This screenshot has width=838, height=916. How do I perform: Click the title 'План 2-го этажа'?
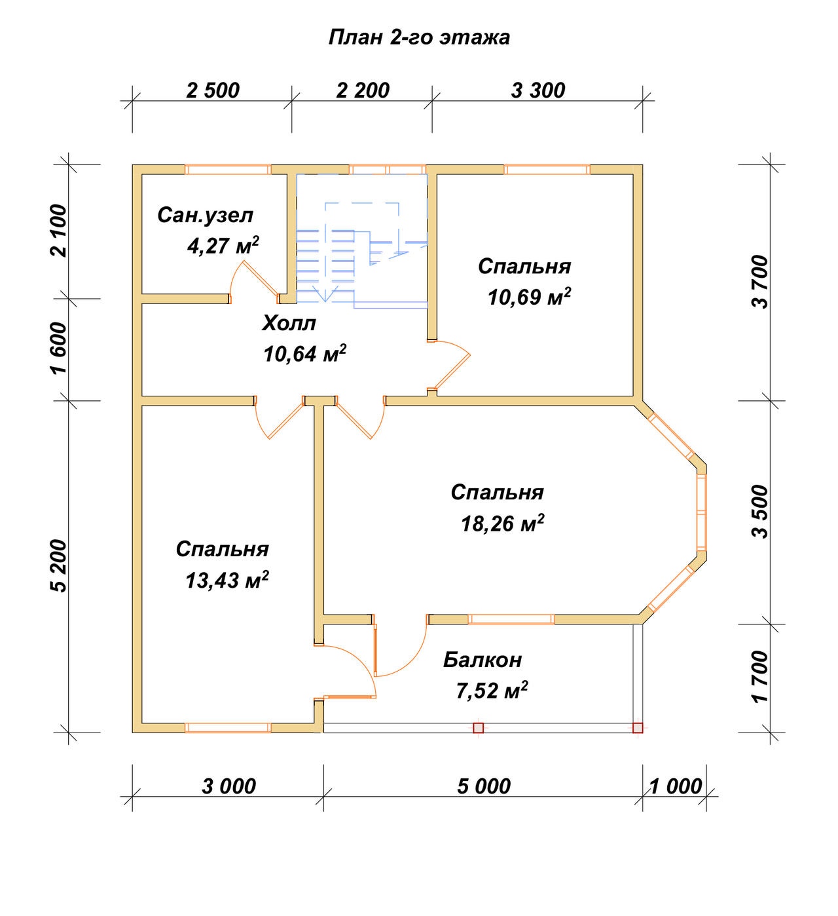[x=418, y=37]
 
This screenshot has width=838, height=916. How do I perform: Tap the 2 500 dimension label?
[x=213, y=90]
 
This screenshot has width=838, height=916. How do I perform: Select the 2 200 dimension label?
[x=363, y=90]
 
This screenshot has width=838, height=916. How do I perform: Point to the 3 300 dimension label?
[x=538, y=90]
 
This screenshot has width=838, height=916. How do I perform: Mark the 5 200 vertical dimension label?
[x=59, y=566]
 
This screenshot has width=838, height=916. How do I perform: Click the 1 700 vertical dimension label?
[x=760, y=677]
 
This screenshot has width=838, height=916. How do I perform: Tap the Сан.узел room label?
[x=205, y=215]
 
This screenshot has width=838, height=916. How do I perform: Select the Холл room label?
[x=289, y=323]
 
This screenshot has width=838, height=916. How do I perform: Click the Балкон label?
[x=483, y=660]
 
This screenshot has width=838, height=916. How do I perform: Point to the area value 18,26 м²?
[x=503, y=524]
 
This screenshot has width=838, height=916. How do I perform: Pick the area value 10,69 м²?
[x=530, y=297]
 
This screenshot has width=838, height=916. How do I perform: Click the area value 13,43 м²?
[x=227, y=581]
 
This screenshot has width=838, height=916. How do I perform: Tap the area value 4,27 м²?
[x=223, y=246]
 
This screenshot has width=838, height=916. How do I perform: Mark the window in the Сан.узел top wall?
[x=228, y=170]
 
